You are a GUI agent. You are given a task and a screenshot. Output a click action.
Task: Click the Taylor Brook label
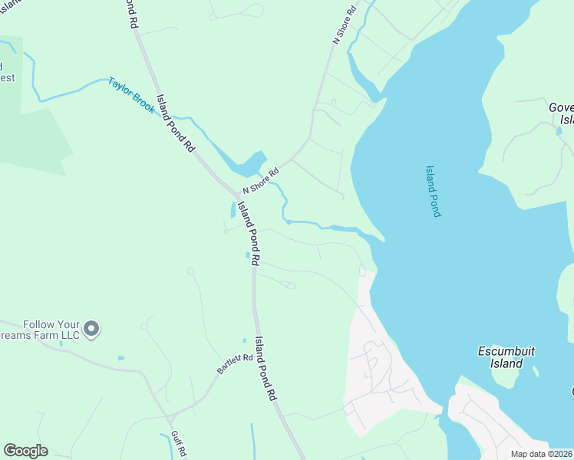pos(131,95)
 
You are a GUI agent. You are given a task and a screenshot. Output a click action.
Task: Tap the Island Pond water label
pos(434,192)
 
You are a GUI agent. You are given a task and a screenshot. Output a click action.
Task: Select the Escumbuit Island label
pos(506,356)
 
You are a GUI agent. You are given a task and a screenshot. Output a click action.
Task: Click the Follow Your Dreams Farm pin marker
pos(91,330)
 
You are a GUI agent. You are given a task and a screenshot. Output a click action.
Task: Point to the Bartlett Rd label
pos(234,363)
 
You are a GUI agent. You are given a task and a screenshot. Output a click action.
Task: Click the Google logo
pos(25,451)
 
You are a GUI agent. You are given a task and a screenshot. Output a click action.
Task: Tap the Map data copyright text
pos(542,454)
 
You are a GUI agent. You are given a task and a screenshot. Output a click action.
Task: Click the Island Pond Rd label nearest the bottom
pos(266,370)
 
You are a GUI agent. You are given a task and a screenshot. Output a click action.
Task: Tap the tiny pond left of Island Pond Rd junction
pos(233,209)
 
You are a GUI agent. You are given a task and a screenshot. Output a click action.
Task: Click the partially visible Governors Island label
pos(561,113)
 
